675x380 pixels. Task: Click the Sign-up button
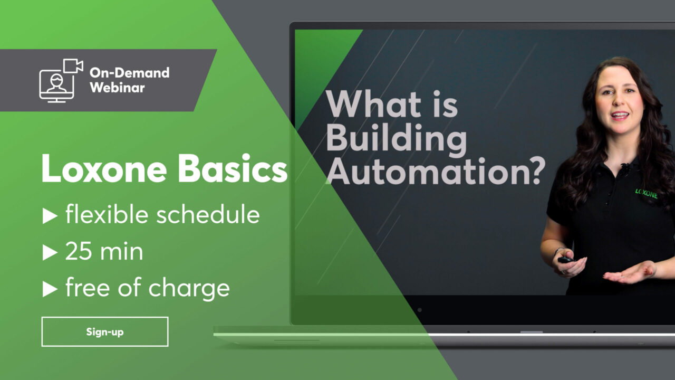click(x=105, y=331)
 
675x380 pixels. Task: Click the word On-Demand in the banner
click(x=129, y=73)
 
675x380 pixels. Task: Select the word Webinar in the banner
click(x=117, y=88)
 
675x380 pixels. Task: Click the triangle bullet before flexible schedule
click(x=50, y=216)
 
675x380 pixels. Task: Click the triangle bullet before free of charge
click(x=50, y=289)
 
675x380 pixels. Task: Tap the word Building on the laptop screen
click(x=396, y=139)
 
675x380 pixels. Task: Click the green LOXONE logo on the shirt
click(x=646, y=194)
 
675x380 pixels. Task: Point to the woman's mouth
click(x=620, y=115)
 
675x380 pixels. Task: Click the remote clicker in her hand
click(x=566, y=259)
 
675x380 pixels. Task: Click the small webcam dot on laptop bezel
click(x=419, y=310)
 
